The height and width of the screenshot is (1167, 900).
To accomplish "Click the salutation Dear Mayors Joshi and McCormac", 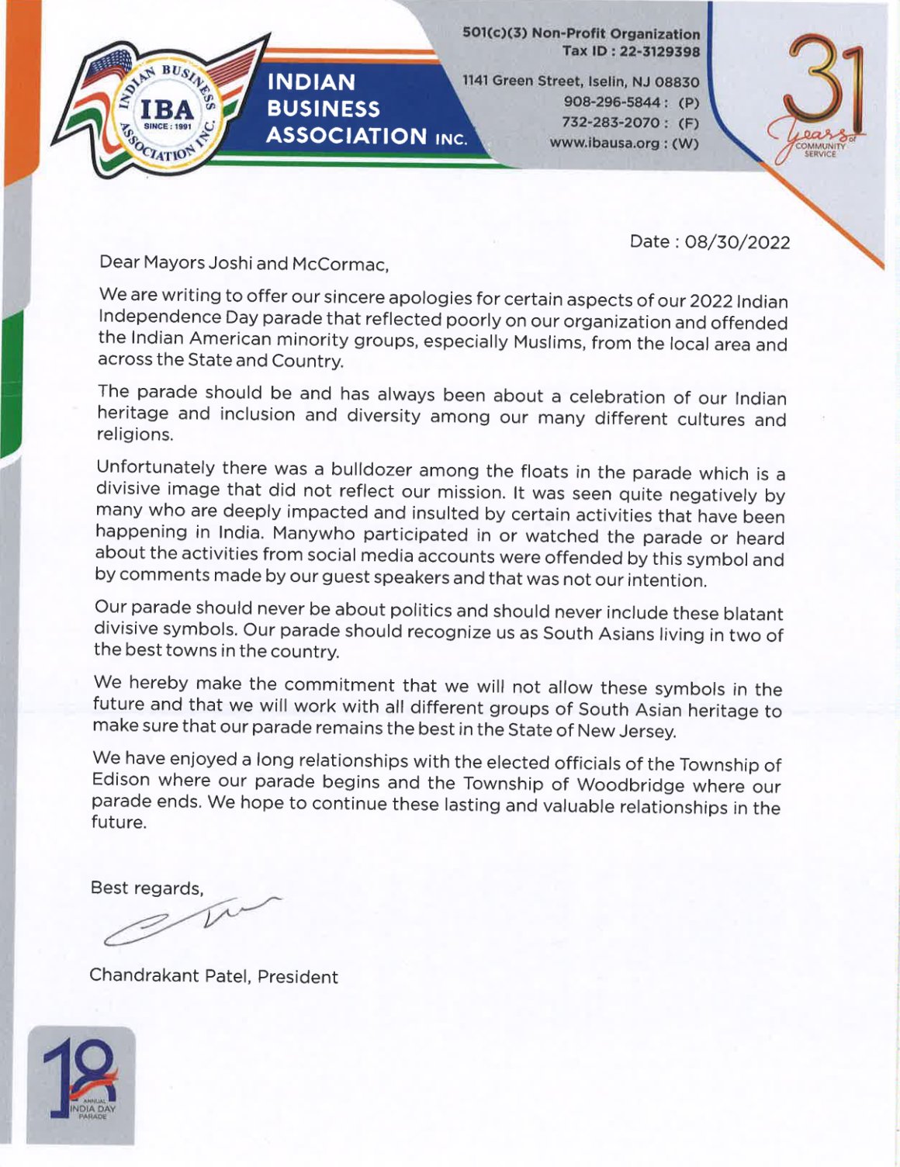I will tap(244, 264).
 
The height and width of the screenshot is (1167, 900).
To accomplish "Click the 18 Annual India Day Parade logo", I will tap(81, 1084).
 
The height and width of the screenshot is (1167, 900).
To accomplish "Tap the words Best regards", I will tap(147, 888).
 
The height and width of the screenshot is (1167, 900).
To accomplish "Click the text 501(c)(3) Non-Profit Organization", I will tap(581, 33).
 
